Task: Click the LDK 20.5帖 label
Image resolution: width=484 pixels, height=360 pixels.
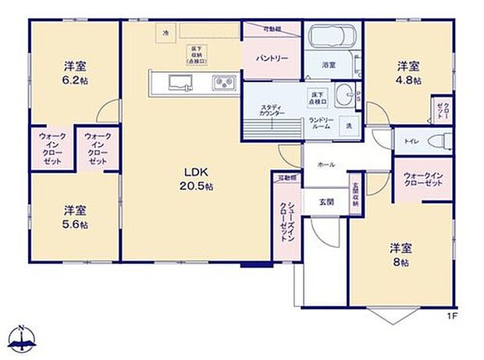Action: point(198,179)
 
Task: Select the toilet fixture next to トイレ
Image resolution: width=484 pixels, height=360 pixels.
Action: point(440,141)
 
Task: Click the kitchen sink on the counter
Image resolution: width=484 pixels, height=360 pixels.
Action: point(174,80)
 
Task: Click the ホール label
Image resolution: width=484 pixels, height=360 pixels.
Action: point(326,166)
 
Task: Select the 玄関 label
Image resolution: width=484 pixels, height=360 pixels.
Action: point(326,201)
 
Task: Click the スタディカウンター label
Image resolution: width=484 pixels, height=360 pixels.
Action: point(272,109)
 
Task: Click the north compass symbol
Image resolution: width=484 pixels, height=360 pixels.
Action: point(24,337)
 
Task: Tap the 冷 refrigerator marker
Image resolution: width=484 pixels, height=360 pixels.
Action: point(165,33)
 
